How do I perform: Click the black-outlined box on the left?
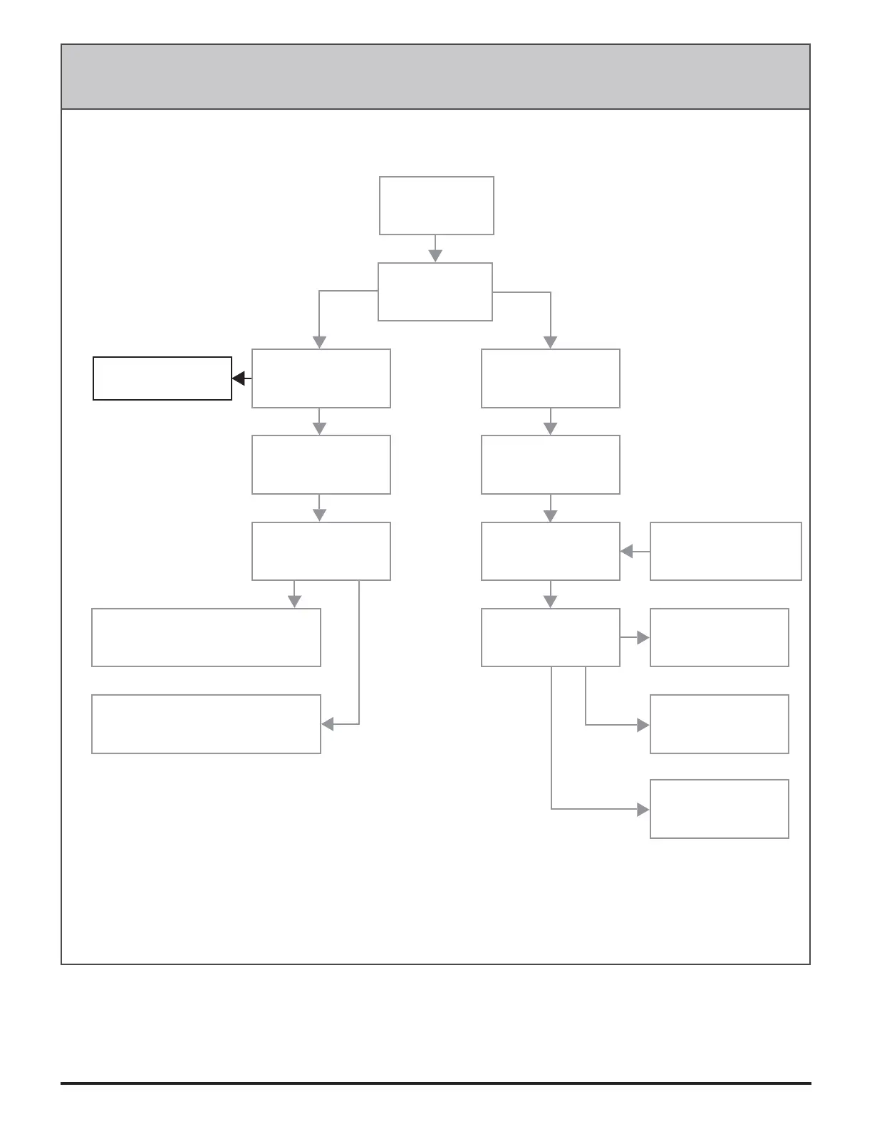[162, 378]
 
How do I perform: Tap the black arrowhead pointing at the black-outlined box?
[239, 378]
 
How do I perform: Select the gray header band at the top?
[435, 77]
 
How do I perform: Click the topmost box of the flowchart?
[436, 205]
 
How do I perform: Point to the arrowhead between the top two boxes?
[435, 255]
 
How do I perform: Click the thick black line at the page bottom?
[435, 1083]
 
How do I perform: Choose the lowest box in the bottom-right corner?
[719, 809]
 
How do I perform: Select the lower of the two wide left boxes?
[206, 724]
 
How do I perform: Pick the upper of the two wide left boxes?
[206, 637]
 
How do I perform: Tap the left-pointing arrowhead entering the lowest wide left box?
[328, 724]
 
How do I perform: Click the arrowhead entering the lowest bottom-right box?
[643, 810]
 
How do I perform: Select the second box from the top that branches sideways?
[435, 292]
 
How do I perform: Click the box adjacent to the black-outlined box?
[321, 378]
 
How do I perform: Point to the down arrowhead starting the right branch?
[550, 342]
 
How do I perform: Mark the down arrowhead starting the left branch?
[319, 342]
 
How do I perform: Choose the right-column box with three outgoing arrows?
[550, 637]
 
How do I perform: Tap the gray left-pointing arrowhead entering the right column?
[627, 551]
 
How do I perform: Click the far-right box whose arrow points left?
[725, 551]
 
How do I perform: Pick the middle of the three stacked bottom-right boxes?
[719, 724]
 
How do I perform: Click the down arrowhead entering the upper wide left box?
[294, 602]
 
